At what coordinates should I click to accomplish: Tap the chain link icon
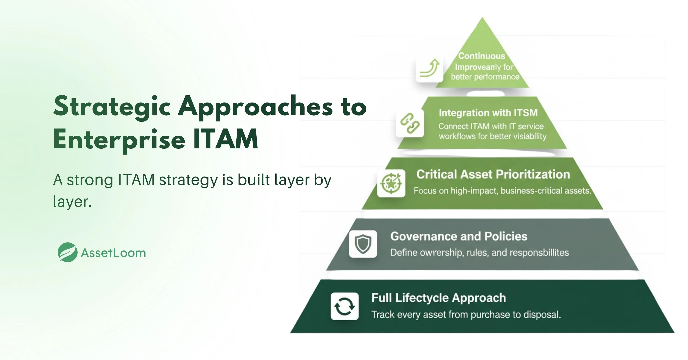410,123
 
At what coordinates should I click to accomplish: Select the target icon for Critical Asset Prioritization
391,183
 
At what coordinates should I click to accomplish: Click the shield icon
363,244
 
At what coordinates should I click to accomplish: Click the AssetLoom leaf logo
68,252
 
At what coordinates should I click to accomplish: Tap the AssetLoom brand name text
113,253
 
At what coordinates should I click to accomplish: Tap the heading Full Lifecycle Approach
438,298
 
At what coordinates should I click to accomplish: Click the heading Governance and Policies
459,236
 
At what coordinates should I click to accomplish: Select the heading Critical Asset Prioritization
493,174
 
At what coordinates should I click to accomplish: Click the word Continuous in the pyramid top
482,56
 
